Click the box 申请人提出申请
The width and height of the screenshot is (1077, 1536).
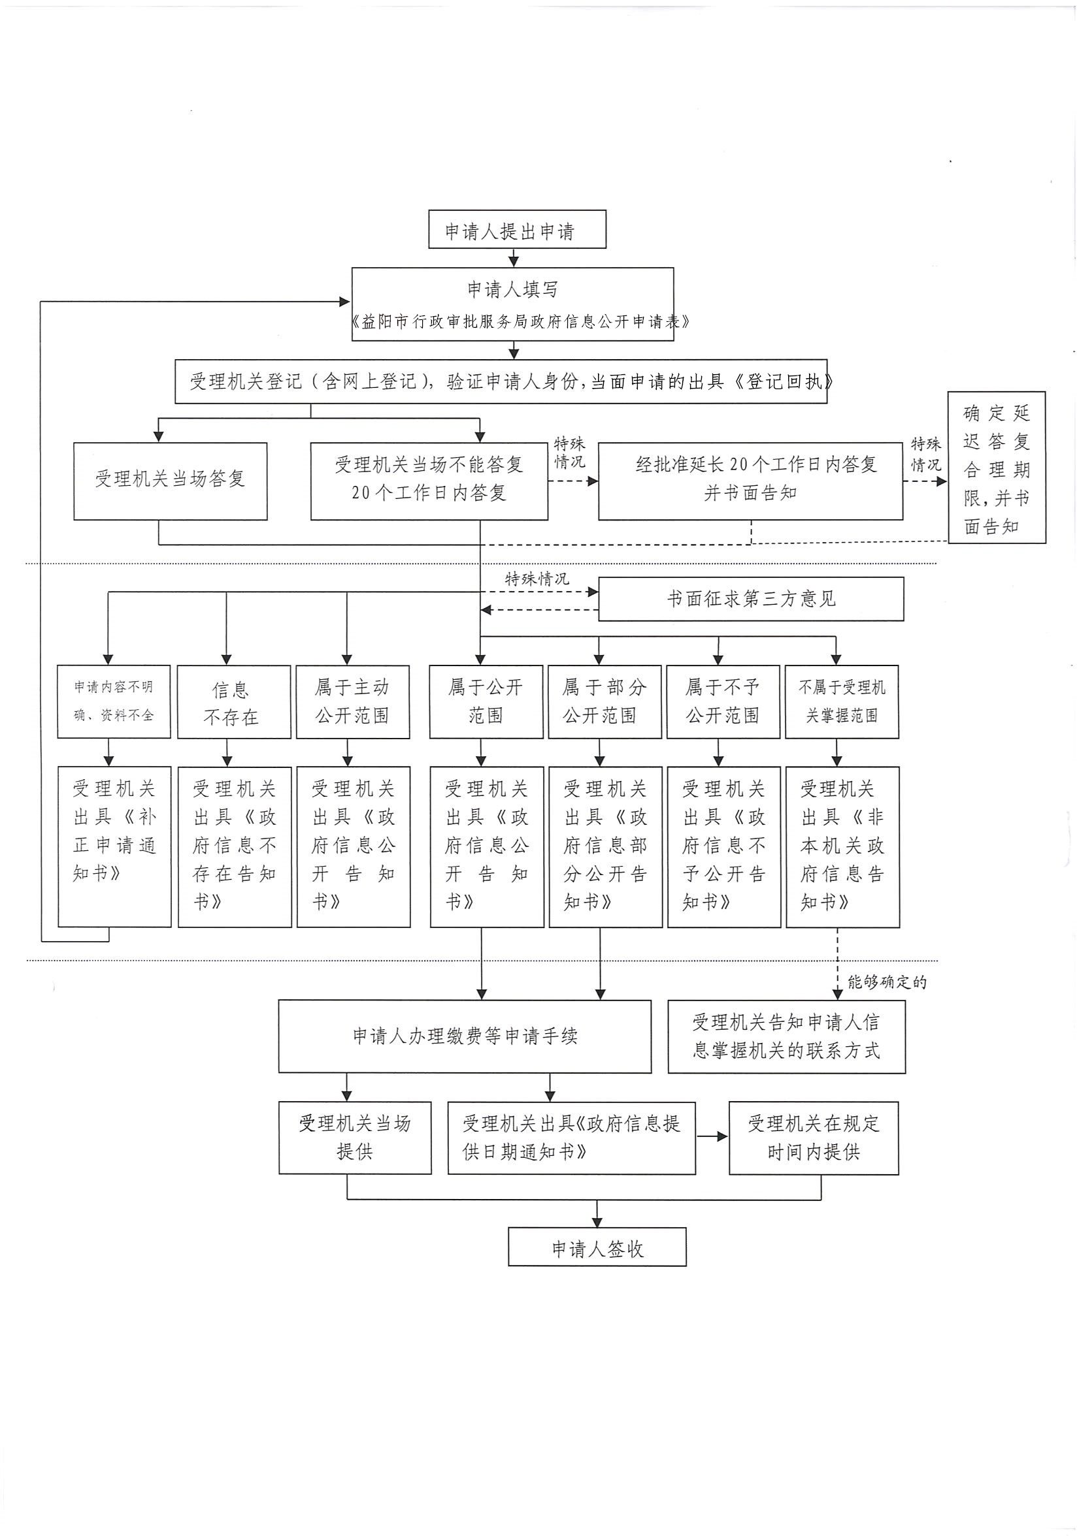coord(517,229)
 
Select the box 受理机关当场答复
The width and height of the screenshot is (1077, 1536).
coord(170,481)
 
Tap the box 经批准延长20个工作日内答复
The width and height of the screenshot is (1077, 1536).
coord(750,481)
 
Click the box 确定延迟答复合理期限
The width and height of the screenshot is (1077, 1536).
coord(996,467)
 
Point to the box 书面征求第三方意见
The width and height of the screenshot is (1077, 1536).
coord(750,599)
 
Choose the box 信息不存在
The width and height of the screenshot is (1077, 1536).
coord(233,702)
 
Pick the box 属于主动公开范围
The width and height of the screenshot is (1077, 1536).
coord(353,702)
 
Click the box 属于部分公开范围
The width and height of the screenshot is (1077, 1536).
coord(605,702)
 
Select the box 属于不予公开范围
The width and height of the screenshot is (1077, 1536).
coord(723,702)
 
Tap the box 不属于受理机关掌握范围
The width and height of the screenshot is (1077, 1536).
coord(841,702)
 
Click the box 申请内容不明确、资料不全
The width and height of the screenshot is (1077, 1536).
coord(114,702)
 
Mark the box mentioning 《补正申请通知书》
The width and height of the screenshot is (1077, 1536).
coord(114,846)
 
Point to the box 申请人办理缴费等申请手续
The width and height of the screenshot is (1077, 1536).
coord(465,1036)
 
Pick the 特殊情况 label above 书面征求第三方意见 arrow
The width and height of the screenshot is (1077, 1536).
coord(537,579)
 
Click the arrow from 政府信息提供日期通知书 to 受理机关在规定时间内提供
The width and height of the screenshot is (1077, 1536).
coord(712,1136)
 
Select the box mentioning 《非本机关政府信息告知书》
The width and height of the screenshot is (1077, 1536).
coord(842,846)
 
